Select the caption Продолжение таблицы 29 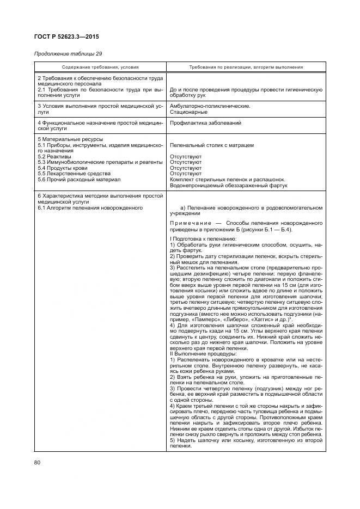coord(68,54)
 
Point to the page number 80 coord(38,463)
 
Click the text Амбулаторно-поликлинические coord(210,106)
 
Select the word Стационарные coord(188,112)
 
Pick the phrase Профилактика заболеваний coord(205,123)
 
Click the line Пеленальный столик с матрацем coord(211,145)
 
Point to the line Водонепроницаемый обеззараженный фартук coord(229,185)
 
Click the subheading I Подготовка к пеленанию coord(203,240)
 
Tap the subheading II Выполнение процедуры coord(201,353)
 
